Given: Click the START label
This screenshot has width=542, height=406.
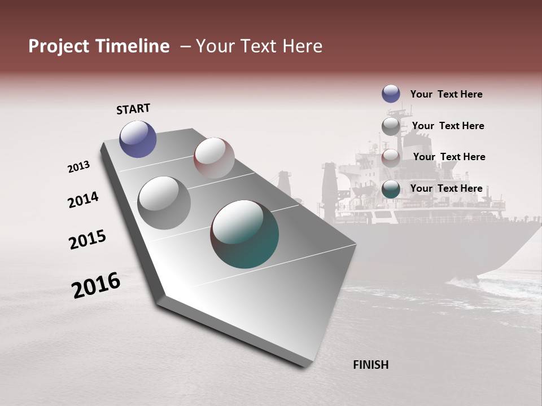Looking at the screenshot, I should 133,108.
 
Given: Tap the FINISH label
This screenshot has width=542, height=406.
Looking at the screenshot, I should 370,365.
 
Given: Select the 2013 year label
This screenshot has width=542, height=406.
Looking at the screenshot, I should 79,167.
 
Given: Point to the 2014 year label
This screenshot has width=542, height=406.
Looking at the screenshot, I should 83,200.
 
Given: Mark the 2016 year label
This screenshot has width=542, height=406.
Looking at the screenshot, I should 96,285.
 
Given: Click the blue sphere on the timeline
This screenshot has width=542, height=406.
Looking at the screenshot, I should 138,139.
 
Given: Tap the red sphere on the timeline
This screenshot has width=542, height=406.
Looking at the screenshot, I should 214,157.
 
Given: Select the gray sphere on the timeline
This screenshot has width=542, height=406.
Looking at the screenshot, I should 164,202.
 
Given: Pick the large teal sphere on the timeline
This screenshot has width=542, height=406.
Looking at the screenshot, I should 244,234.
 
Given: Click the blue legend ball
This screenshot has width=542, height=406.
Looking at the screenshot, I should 391,94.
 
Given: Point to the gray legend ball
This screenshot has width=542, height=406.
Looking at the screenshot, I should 391,126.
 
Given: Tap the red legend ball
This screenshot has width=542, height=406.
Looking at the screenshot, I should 391,158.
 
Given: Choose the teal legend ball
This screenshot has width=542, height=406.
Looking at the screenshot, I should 391,189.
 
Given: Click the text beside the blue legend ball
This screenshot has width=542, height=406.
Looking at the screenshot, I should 446,94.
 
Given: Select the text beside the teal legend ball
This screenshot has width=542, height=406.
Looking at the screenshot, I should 446,188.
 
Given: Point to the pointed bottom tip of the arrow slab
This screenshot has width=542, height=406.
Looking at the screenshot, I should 305,365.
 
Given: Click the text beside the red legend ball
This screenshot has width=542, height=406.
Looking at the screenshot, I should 449,157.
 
